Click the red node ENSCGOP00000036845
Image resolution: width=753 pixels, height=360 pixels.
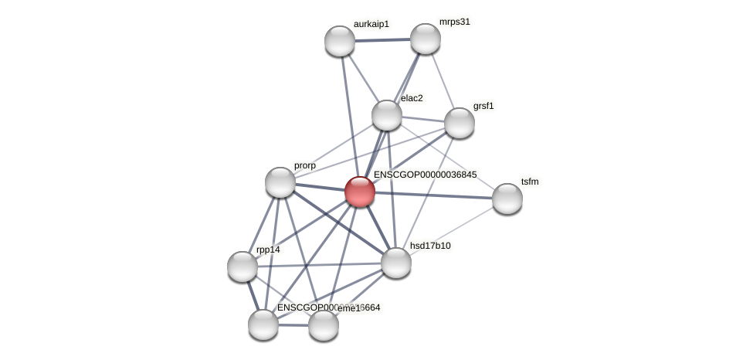(x=359, y=192)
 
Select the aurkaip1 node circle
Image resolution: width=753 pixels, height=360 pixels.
(x=340, y=41)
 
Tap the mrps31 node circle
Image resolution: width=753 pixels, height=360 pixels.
(x=425, y=39)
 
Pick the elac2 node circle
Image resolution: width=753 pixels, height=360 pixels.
(x=387, y=115)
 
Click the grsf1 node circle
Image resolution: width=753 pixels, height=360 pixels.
(x=460, y=123)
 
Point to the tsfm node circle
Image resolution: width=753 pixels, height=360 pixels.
(x=507, y=199)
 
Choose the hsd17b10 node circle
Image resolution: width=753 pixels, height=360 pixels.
(x=396, y=263)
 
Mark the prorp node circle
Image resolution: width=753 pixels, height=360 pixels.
(x=280, y=182)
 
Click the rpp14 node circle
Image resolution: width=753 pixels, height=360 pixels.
(x=243, y=267)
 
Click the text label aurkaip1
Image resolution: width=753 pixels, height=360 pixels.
(x=371, y=25)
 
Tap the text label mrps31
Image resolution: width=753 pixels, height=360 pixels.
(x=455, y=22)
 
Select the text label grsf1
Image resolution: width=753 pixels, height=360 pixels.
(x=483, y=106)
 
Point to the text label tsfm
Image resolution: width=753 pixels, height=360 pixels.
(x=530, y=182)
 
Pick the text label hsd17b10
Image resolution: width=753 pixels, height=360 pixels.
(x=430, y=246)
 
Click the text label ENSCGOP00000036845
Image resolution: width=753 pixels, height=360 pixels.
(x=425, y=175)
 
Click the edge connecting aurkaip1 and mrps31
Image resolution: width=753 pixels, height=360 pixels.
(x=382, y=39)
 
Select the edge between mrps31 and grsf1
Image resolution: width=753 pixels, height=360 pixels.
(x=443, y=81)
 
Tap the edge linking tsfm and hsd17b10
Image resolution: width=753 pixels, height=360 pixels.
(x=452, y=230)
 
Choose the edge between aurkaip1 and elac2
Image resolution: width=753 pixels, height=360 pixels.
(x=363, y=78)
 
